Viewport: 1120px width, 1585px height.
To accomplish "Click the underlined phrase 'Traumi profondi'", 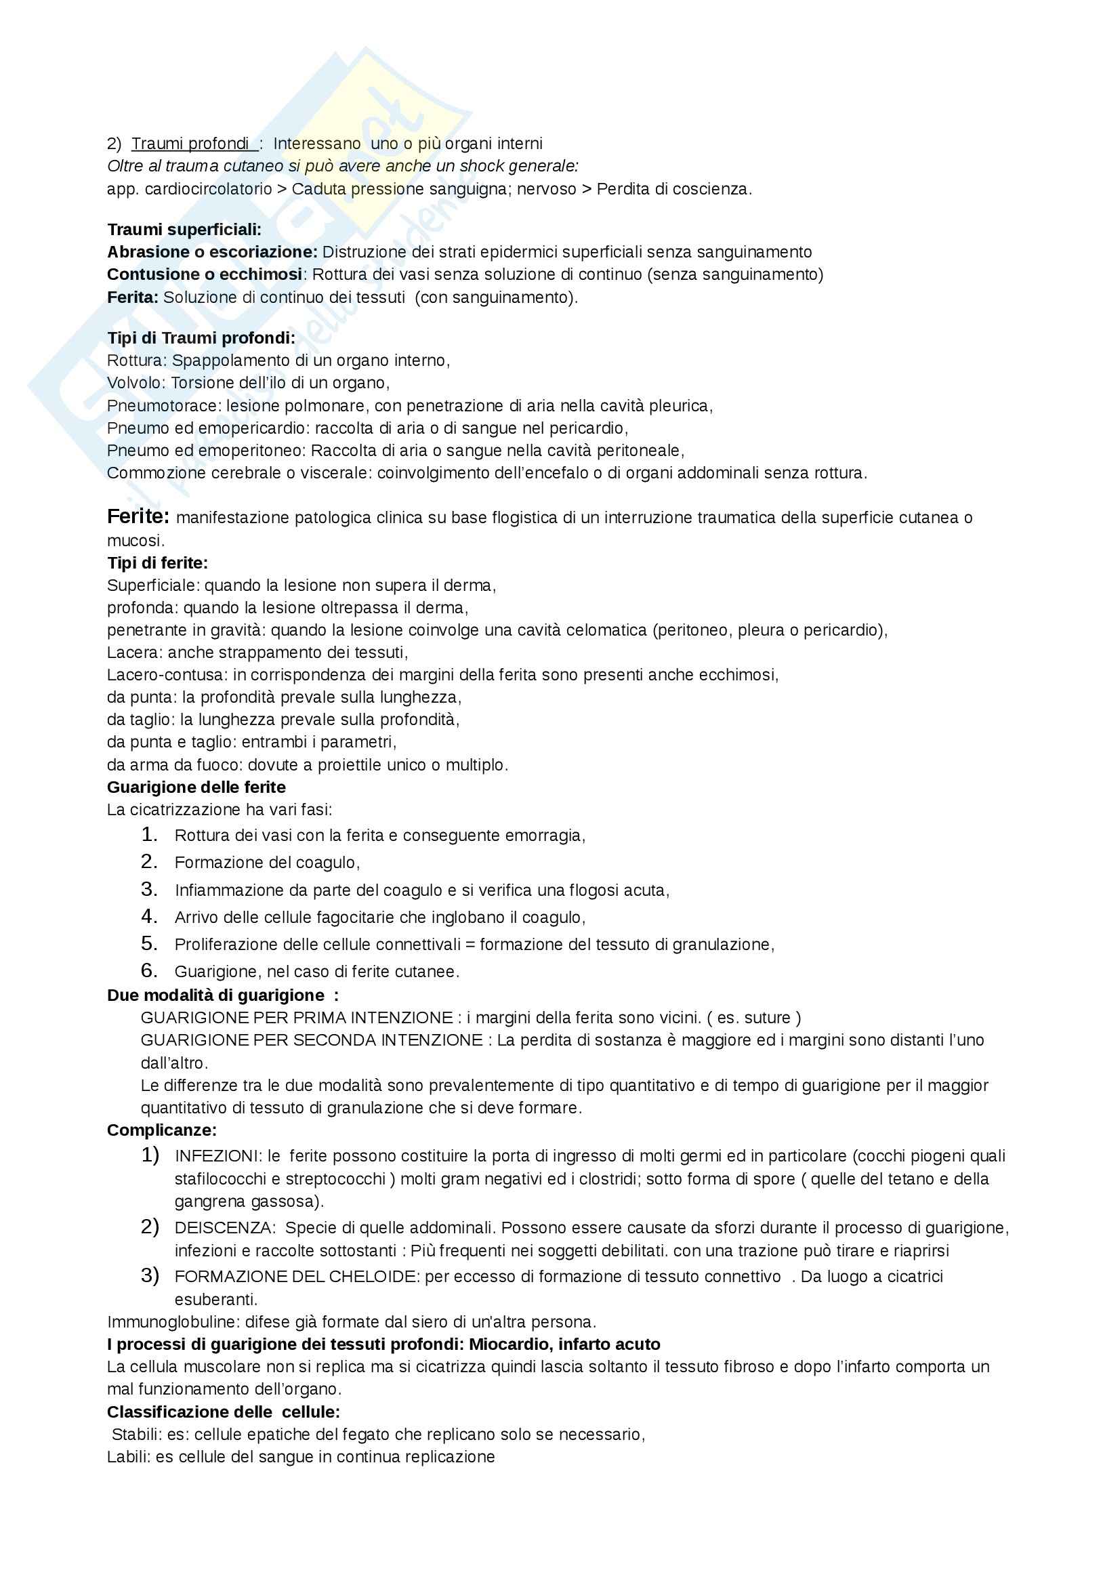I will (x=190, y=144).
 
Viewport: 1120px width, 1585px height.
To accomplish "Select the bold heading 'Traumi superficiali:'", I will (x=184, y=230).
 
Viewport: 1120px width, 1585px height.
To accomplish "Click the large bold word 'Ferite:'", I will (x=138, y=516).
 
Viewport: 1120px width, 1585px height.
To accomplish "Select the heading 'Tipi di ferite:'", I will (x=157, y=562).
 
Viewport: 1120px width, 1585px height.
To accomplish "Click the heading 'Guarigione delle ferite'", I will (x=196, y=787).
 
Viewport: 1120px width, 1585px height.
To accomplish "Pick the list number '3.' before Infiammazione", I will (x=150, y=889).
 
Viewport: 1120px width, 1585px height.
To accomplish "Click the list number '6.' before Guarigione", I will (x=150, y=970).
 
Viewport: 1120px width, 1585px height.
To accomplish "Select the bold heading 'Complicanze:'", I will (x=161, y=1130).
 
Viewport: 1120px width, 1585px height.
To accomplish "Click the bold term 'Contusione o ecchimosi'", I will (x=204, y=274).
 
